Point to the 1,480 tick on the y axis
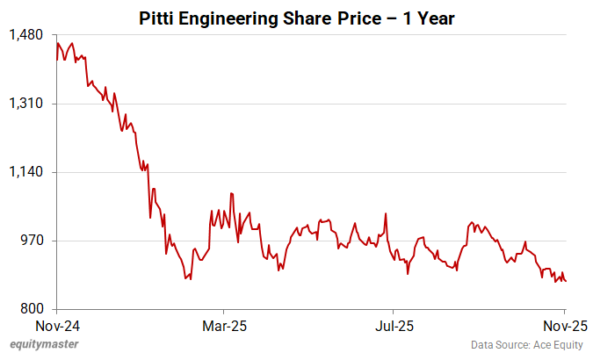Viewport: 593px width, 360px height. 26,35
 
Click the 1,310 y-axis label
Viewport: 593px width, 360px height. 26,104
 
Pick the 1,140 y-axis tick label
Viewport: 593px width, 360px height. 26,172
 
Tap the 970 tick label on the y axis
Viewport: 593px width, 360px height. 32,241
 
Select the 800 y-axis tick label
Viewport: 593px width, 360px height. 32,309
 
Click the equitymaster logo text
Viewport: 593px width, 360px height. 41,345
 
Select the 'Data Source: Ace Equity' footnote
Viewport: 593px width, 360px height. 526,345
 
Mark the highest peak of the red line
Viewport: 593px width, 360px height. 58,42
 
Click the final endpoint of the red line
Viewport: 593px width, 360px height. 566,281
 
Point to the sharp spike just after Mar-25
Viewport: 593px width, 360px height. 230,193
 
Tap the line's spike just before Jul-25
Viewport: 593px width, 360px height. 385,213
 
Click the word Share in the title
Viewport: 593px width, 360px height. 304,17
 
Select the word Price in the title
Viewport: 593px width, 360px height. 358,17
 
